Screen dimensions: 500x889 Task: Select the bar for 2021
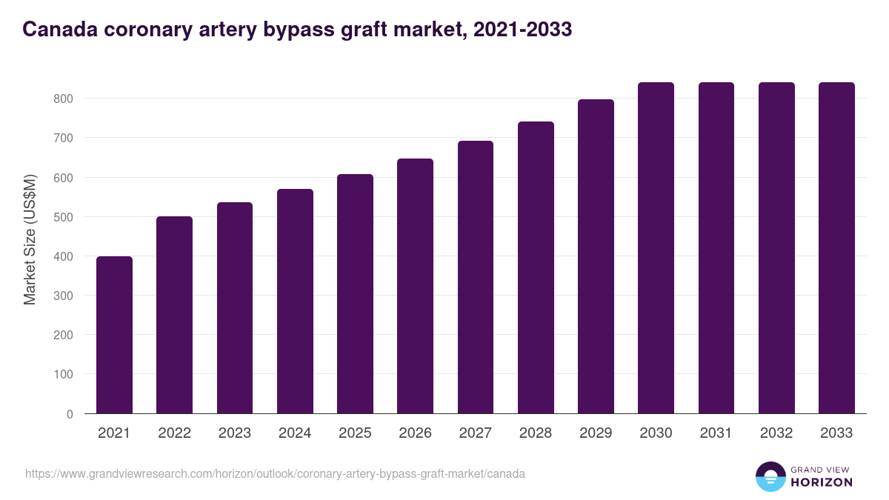tap(114, 335)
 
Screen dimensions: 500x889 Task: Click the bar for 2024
tap(295, 301)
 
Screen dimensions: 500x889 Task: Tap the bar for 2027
tap(476, 277)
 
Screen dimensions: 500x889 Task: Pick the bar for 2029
tap(596, 256)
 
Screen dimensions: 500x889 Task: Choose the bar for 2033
tap(836, 248)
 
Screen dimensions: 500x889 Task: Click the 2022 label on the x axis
tap(174, 433)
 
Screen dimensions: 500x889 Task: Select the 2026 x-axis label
tap(415, 433)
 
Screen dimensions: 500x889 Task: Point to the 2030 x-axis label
tap(656, 433)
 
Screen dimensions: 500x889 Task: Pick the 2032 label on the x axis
tap(776, 433)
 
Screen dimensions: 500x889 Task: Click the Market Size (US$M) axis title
tap(30, 239)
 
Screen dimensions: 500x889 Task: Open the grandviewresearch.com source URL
tap(275, 473)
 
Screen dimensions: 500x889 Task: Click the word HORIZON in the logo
tap(822, 482)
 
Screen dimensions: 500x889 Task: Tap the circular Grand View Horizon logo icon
tap(770, 477)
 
